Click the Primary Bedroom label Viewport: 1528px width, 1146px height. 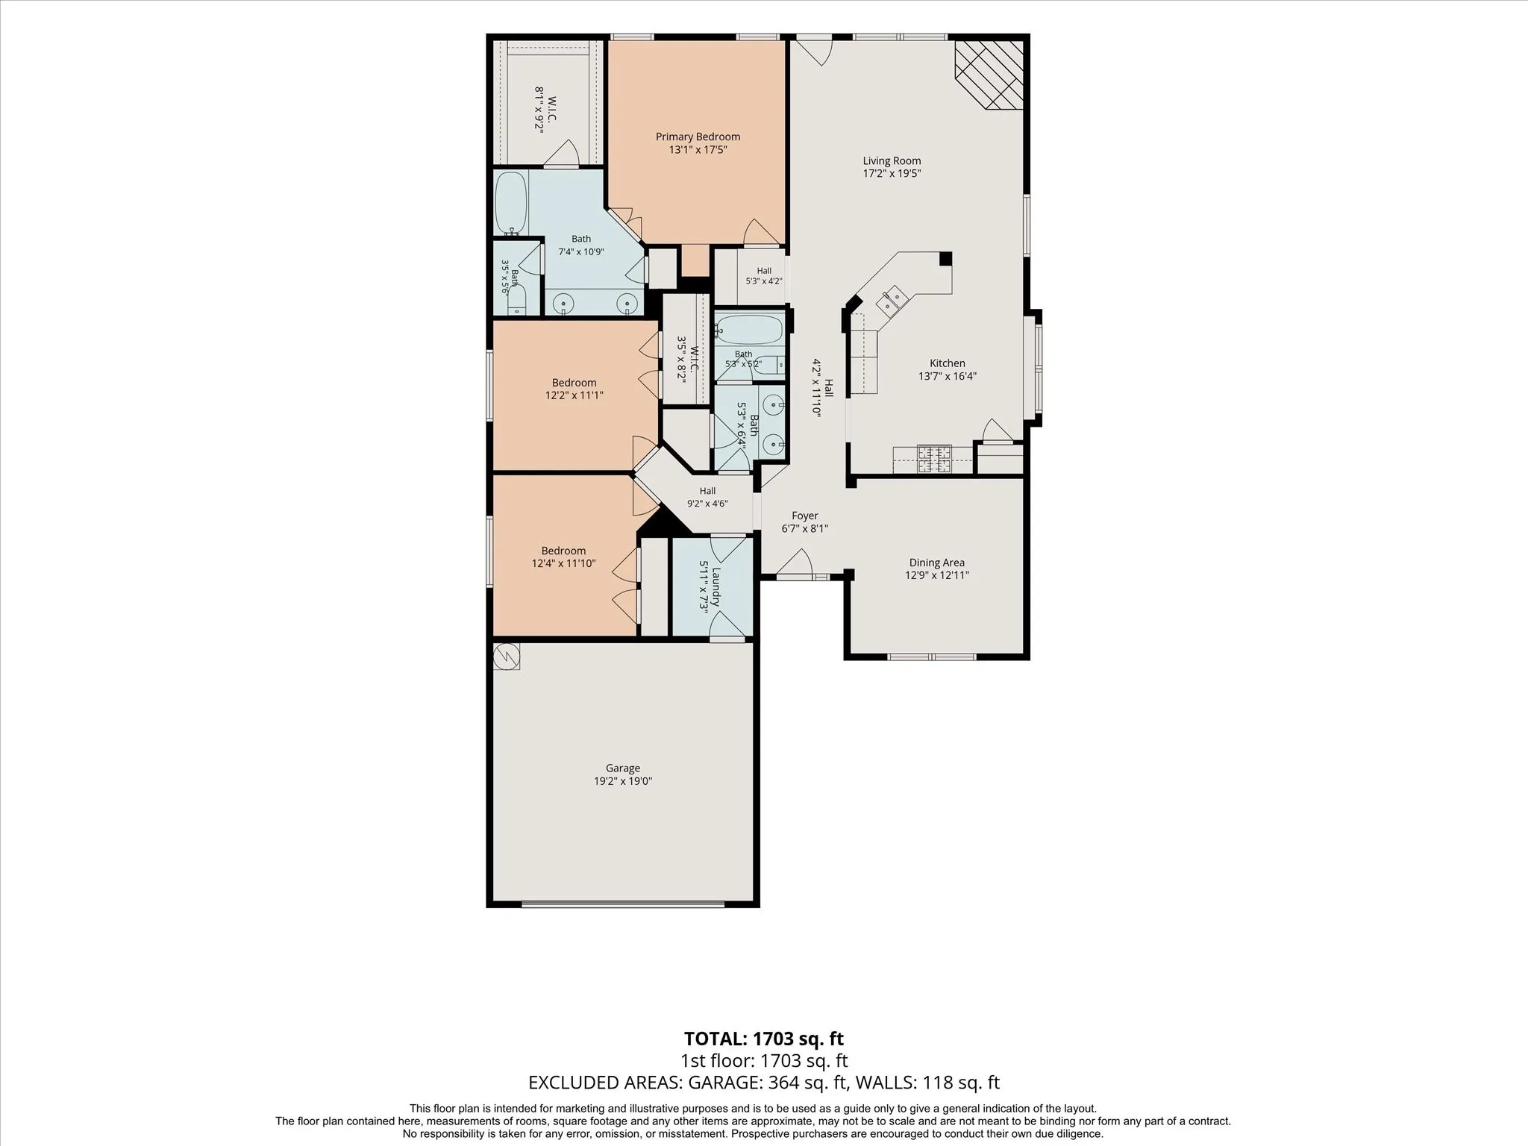click(x=698, y=137)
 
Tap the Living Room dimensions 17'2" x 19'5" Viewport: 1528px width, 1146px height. click(x=892, y=173)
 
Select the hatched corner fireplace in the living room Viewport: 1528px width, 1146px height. click(x=989, y=75)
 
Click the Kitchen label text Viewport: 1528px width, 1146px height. click(x=948, y=363)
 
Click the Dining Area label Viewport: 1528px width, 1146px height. click(x=936, y=563)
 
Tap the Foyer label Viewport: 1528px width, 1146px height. click(x=805, y=516)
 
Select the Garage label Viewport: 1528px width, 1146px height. click(x=623, y=768)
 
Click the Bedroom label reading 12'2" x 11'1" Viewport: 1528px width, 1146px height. click(x=574, y=383)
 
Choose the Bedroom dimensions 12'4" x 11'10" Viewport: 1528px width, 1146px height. click(x=563, y=563)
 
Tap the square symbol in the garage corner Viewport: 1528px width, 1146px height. click(x=507, y=657)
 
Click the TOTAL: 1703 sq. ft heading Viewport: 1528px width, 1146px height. click(x=764, y=1039)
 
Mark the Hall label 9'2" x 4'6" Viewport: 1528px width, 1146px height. click(x=707, y=491)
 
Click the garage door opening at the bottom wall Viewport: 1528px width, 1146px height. click(x=623, y=904)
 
